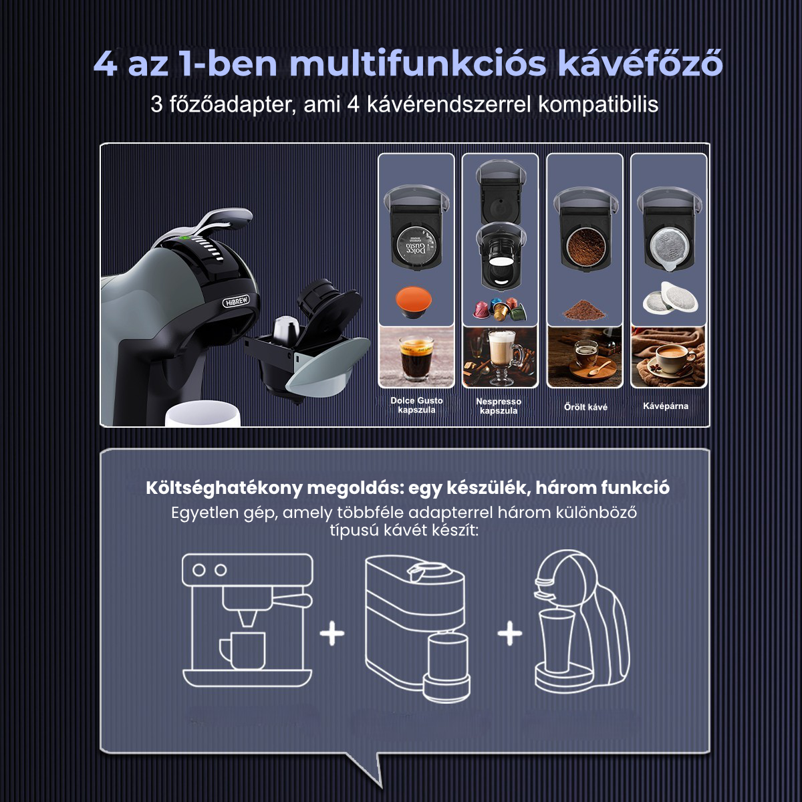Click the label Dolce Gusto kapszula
(x=416, y=405)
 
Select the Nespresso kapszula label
(x=499, y=406)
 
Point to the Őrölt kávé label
(x=585, y=406)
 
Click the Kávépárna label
(x=666, y=406)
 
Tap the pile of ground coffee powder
(x=585, y=310)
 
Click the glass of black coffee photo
(x=416, y=357)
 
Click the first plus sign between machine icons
(x=332, y=632)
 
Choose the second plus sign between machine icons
(x=509, y=632)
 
